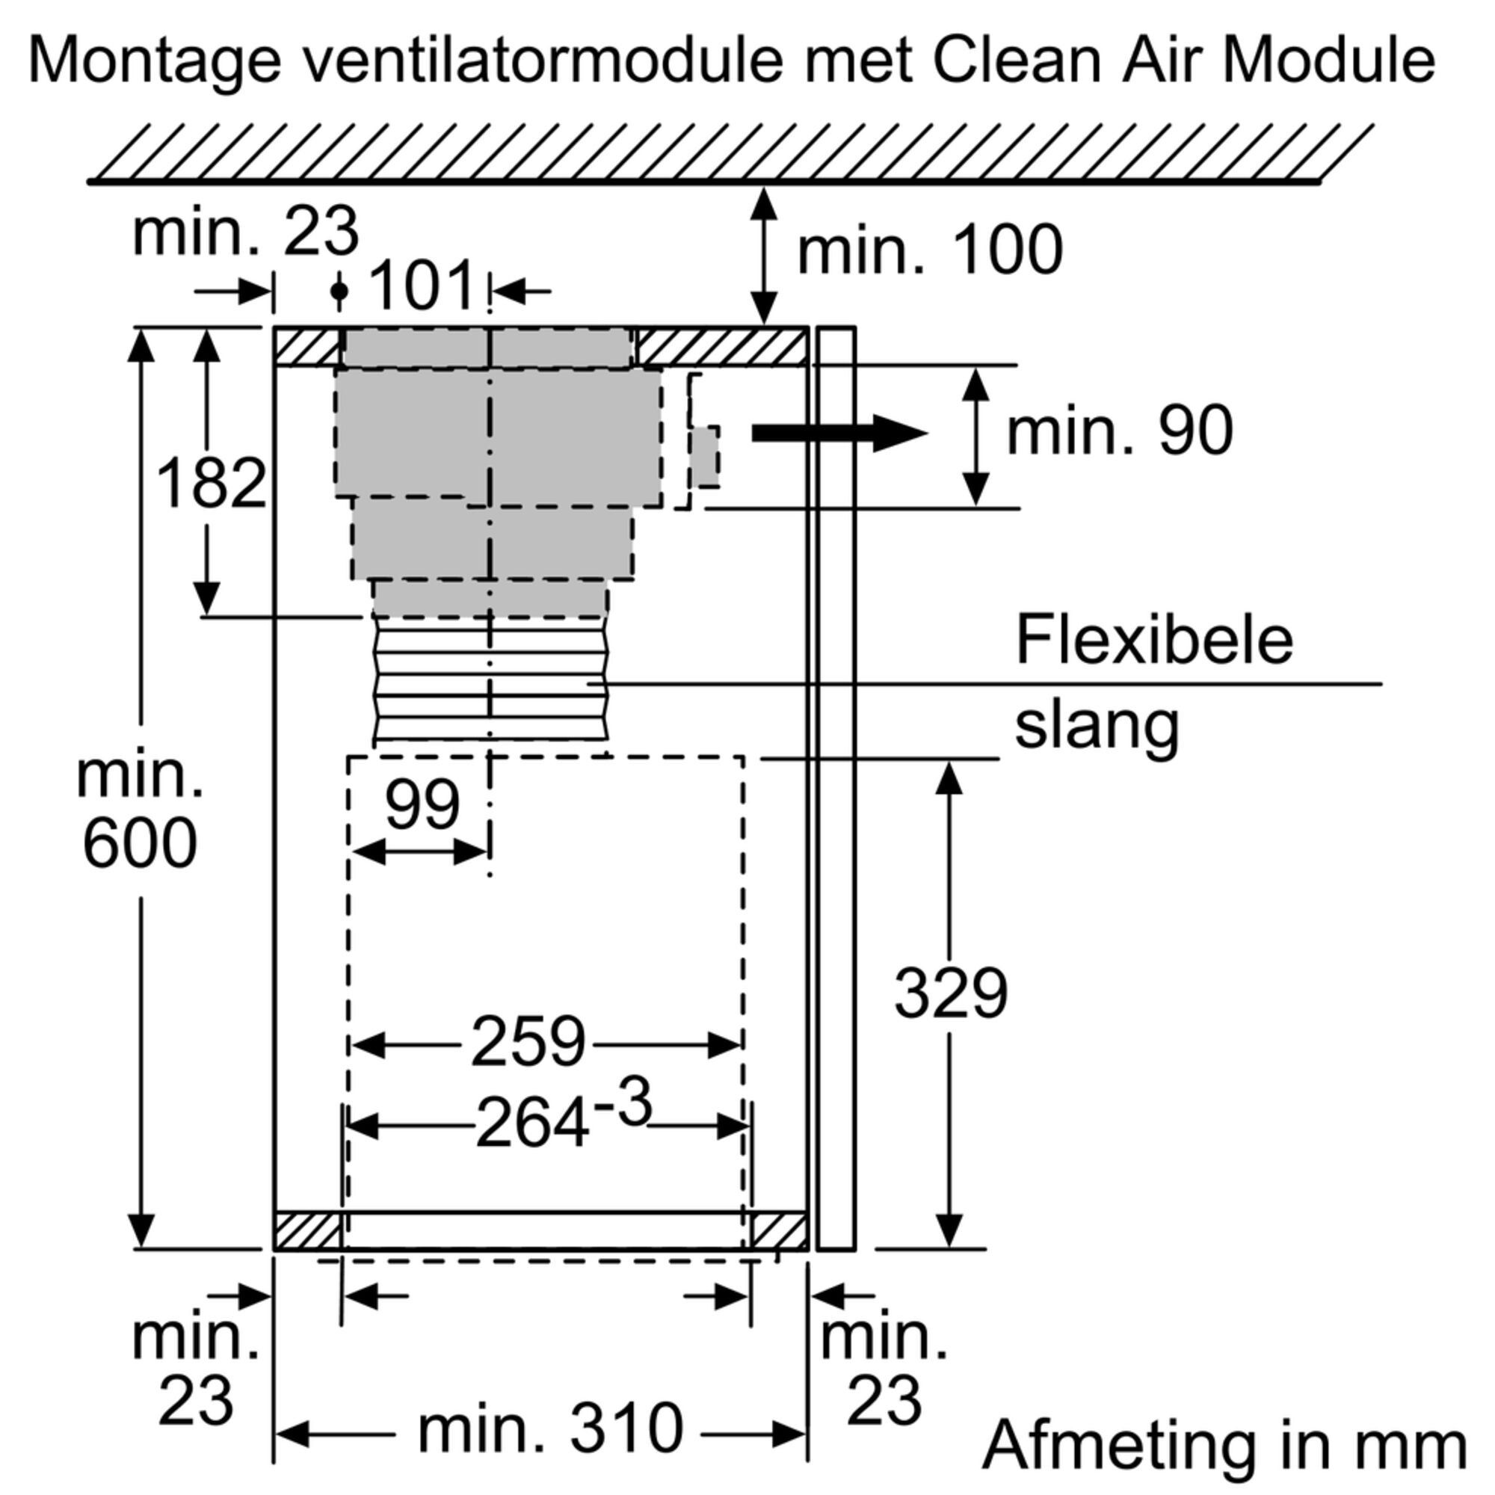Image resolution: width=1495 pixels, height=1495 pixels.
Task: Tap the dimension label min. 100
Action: pos(930,249)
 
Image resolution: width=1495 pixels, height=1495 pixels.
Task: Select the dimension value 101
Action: pos(422,286)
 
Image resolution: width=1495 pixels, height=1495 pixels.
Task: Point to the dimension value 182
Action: pos(212,483)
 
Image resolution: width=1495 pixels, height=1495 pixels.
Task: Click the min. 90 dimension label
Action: pos(1120,431)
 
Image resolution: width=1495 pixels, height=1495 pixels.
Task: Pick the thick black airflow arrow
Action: pos(839,433)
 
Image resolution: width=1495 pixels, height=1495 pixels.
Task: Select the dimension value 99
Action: pos(422,805)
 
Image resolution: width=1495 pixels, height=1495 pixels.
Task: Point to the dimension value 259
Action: pos(528,1041)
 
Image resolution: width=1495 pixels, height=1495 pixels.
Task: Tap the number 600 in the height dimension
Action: pos(140,844)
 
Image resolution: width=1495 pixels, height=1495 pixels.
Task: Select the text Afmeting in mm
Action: pos(1225,1446)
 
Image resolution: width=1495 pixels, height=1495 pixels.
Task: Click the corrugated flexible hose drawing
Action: pos(490,682)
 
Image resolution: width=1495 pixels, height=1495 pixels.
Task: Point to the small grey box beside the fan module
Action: pos(705,457)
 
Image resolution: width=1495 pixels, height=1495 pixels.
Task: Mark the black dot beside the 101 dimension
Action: pos(339,291)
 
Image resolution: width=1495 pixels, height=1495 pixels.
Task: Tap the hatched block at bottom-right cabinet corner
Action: pos(778,1231)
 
